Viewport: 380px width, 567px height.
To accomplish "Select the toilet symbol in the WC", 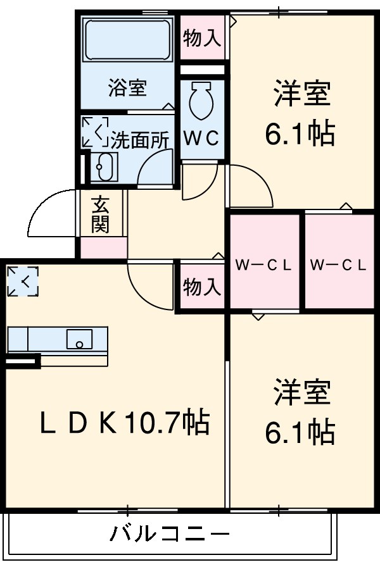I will pyautogui.click(x=202, y=100).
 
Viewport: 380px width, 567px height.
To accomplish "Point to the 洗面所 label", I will pyautogui.click(x=141, y=140).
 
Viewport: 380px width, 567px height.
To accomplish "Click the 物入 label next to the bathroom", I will pyautogui.click(x=202, y=39).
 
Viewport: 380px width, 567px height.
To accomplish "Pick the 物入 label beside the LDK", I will pyautogui.click(x=202, y=287).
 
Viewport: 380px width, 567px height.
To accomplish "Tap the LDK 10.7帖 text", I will pyautogui.click(x=125, y=423).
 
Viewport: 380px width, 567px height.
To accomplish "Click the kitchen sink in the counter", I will pyautogui.click(x=80, y=339).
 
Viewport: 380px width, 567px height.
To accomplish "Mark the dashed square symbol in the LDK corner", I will pyautogui.click(x=23, y=282).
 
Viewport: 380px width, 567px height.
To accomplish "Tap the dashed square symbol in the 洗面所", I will pyautogui.click(x=94, y=132).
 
